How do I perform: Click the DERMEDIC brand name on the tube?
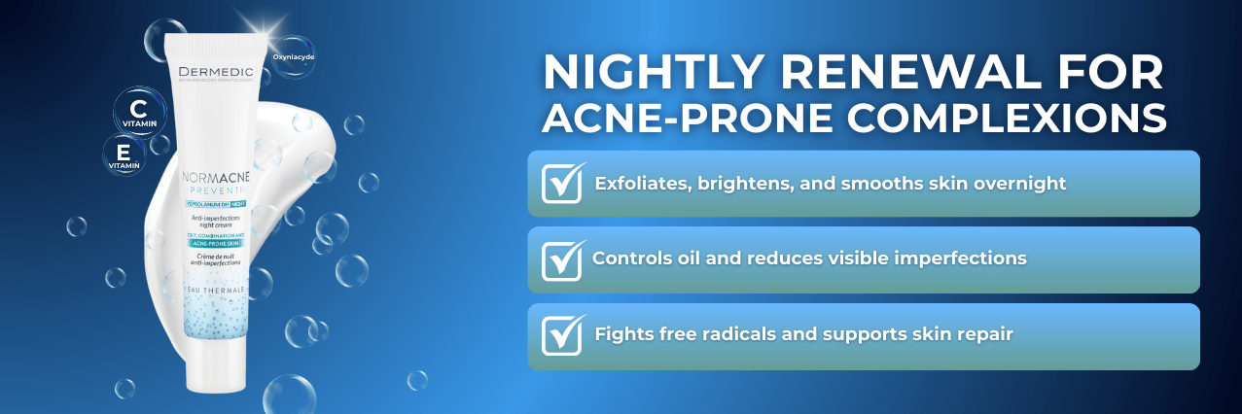coord(216,71)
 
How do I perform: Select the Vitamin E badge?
coord(124,154)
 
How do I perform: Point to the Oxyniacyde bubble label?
coord(293,55)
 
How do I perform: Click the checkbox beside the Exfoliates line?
coord(562,183)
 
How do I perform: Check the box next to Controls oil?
coord(562,259)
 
